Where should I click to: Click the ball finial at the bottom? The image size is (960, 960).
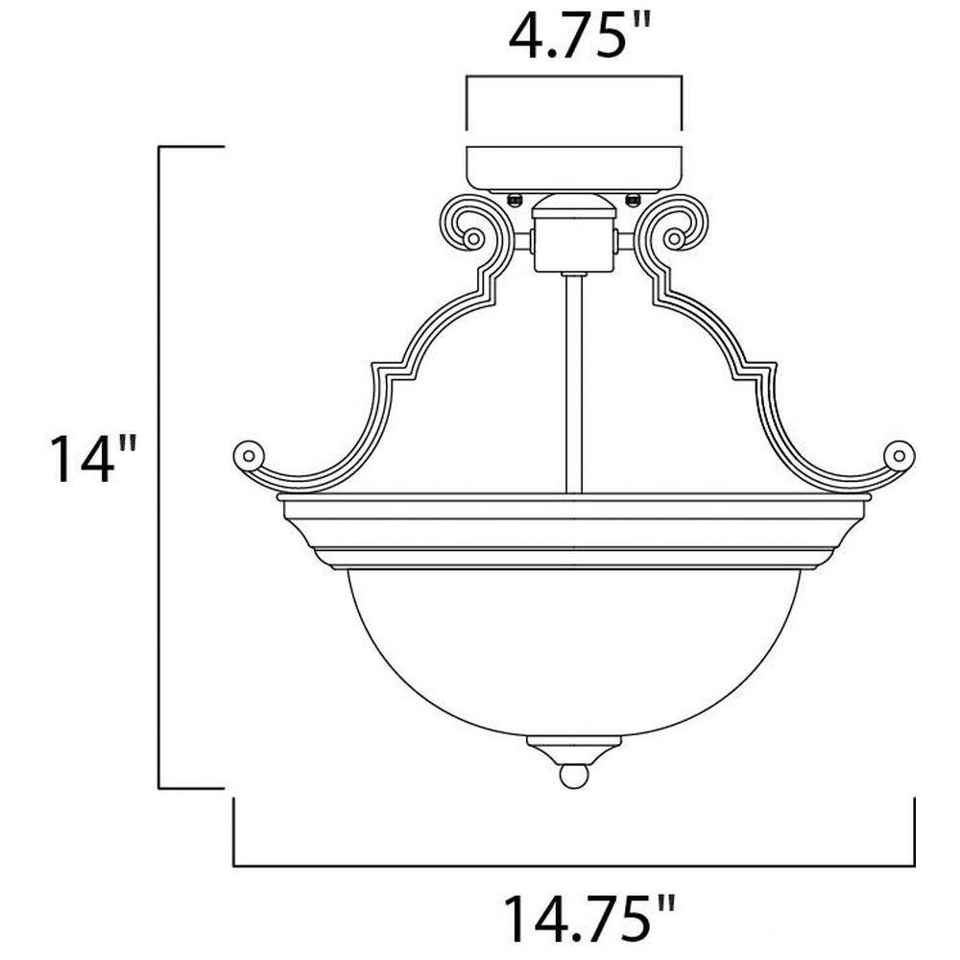[574, 776]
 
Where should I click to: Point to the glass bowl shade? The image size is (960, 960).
[574, 652]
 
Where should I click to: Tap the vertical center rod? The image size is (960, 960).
[574, 383]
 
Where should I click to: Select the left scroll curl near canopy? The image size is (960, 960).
[474, 224]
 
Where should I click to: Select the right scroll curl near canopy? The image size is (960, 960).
[674, 224]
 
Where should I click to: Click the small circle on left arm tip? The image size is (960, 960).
[249, 455]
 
